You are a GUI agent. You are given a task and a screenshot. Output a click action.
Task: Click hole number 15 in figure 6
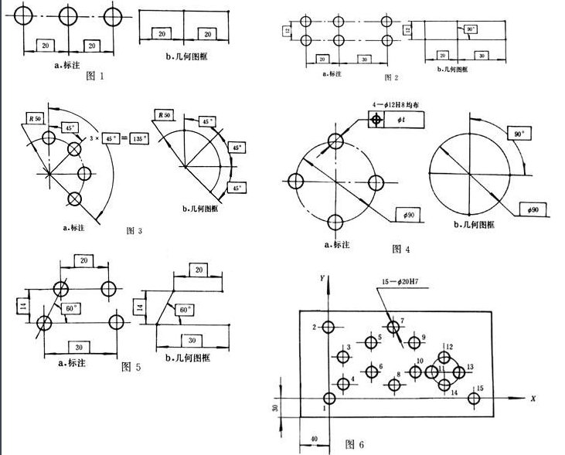474,399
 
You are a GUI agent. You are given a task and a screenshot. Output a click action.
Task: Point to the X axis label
533,399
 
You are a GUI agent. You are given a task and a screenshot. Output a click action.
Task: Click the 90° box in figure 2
468,29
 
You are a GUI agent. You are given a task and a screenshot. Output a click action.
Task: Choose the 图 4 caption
401,249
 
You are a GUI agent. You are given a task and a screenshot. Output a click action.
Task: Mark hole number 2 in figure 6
328,328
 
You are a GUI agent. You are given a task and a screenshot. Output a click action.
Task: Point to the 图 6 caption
355,444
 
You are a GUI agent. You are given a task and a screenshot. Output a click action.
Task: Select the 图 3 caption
134,231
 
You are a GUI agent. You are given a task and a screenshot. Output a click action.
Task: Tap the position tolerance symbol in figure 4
376,121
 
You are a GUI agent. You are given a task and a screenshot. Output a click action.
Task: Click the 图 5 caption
131,368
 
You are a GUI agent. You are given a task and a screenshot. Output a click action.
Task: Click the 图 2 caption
391,78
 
